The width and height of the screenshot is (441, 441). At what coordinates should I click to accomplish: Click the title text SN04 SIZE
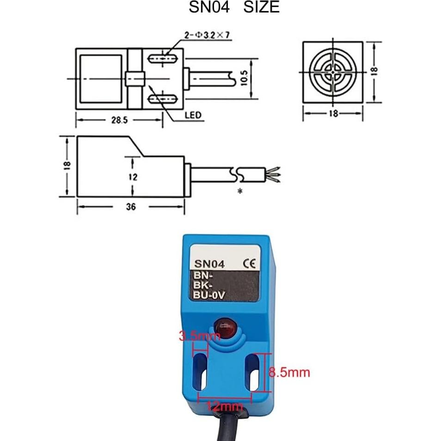tap(234, 7)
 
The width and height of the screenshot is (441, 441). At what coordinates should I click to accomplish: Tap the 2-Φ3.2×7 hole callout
tap(207, 35)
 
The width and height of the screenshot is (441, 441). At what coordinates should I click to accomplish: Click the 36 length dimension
tap(131, 207)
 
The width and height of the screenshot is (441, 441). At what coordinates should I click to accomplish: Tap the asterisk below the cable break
tap(239, 191)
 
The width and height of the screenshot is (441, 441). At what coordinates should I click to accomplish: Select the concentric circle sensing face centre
tap(332, 72)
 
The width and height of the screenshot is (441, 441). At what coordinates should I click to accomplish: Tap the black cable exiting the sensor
tap(236, 428)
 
